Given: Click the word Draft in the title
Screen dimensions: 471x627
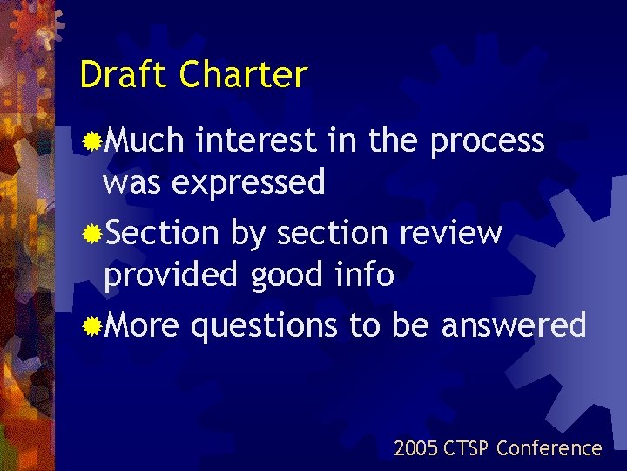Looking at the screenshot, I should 124,75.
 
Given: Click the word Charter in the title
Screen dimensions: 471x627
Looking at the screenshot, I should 243,75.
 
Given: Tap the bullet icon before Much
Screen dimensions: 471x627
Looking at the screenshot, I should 91,140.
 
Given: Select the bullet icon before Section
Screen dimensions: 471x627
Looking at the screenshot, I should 91,234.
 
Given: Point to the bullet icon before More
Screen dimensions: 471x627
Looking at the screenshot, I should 91,327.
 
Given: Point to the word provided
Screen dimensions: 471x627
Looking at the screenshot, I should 172,276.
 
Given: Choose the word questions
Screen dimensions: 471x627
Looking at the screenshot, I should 264,326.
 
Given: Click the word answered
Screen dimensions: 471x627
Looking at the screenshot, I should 514,325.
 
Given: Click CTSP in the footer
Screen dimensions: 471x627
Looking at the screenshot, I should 468,448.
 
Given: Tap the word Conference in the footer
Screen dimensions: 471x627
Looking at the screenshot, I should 549,448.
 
